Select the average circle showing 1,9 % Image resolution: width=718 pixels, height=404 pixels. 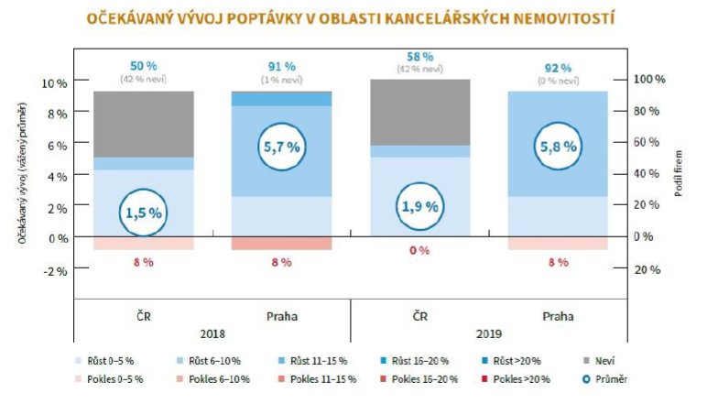click(419, 207)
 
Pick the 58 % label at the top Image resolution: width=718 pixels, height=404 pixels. click(419, 57)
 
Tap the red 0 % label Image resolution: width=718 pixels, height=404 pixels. click(419, 250)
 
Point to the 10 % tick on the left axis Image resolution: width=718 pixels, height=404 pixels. click(56, 83)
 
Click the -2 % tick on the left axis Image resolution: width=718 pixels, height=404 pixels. click(56, 271)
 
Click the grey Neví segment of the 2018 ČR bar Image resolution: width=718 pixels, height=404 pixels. click(143, 124)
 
